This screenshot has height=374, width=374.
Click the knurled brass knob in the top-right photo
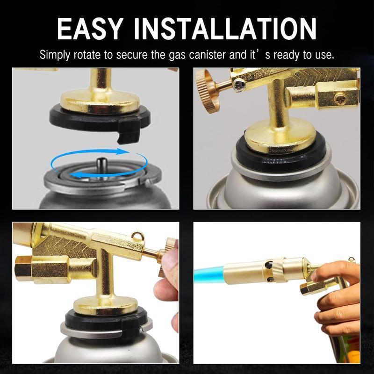[x=208, y=91]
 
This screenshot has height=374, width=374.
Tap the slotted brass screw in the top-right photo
[x=340, y=98]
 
